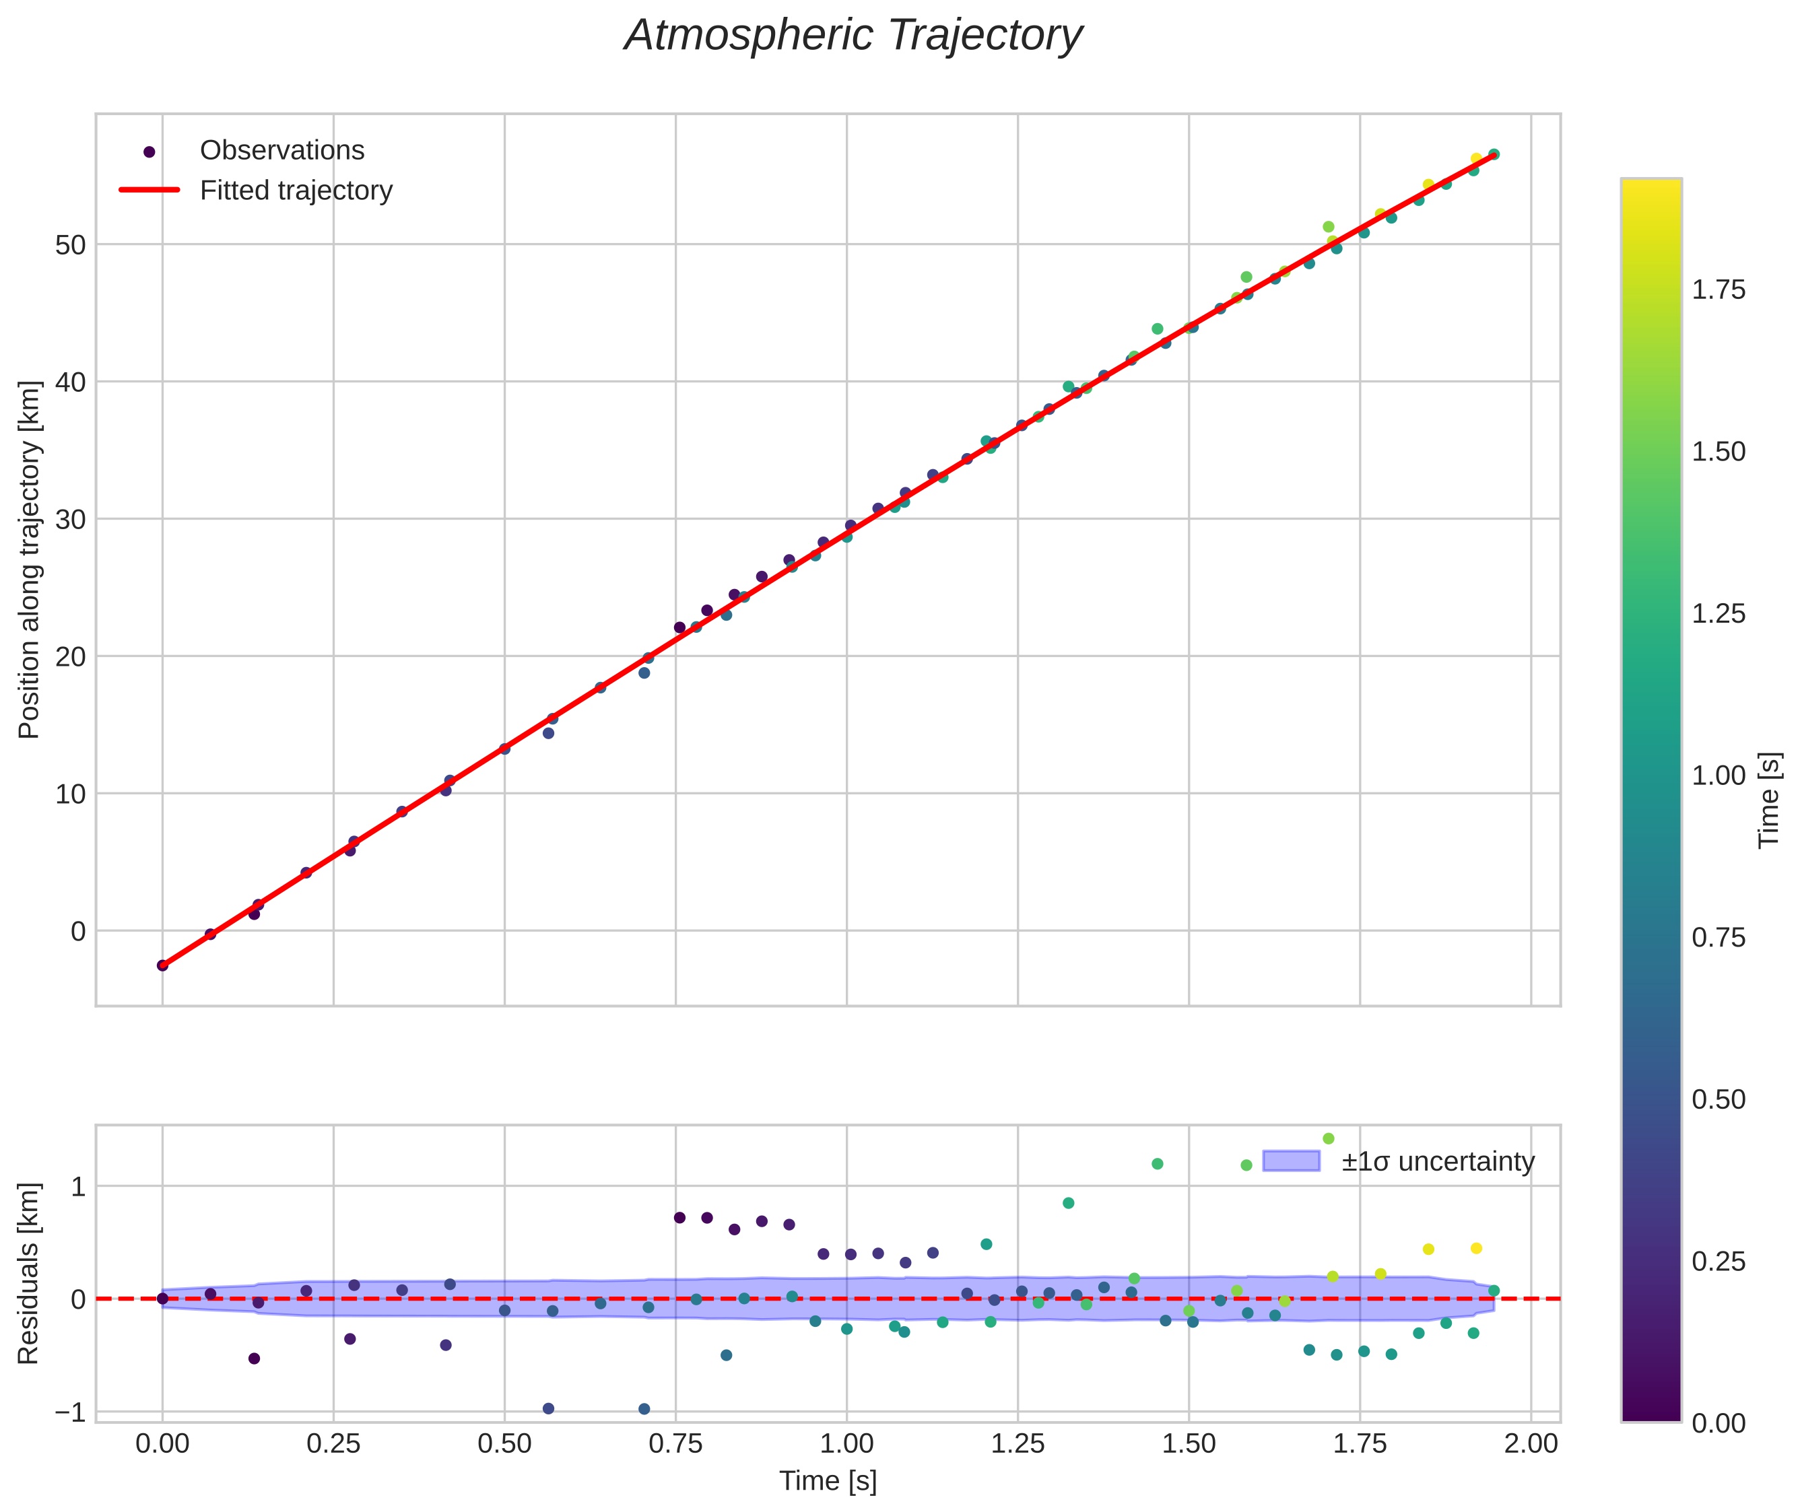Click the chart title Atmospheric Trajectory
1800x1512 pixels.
(853, 36)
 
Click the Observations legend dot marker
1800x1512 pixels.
(149, 151)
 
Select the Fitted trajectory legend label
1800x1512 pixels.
(296, 191)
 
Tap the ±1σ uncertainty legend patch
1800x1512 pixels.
(1291, 1161)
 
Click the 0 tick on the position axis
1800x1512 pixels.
(78, 931)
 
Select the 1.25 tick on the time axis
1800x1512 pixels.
(1018, 1444)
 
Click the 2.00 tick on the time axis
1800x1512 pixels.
(1531, 1444)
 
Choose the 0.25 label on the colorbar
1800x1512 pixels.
(1719, 1262)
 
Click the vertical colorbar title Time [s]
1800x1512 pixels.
(1770, 800)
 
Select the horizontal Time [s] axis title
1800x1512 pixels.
(828, 1481)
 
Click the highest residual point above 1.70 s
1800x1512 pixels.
(1329, 1138)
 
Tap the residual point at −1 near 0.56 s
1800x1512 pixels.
(549, 1408)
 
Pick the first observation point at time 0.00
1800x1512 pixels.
(162, 965)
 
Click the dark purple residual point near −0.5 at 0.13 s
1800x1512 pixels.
(254, 1359)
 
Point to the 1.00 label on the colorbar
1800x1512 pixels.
(1719, 776)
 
